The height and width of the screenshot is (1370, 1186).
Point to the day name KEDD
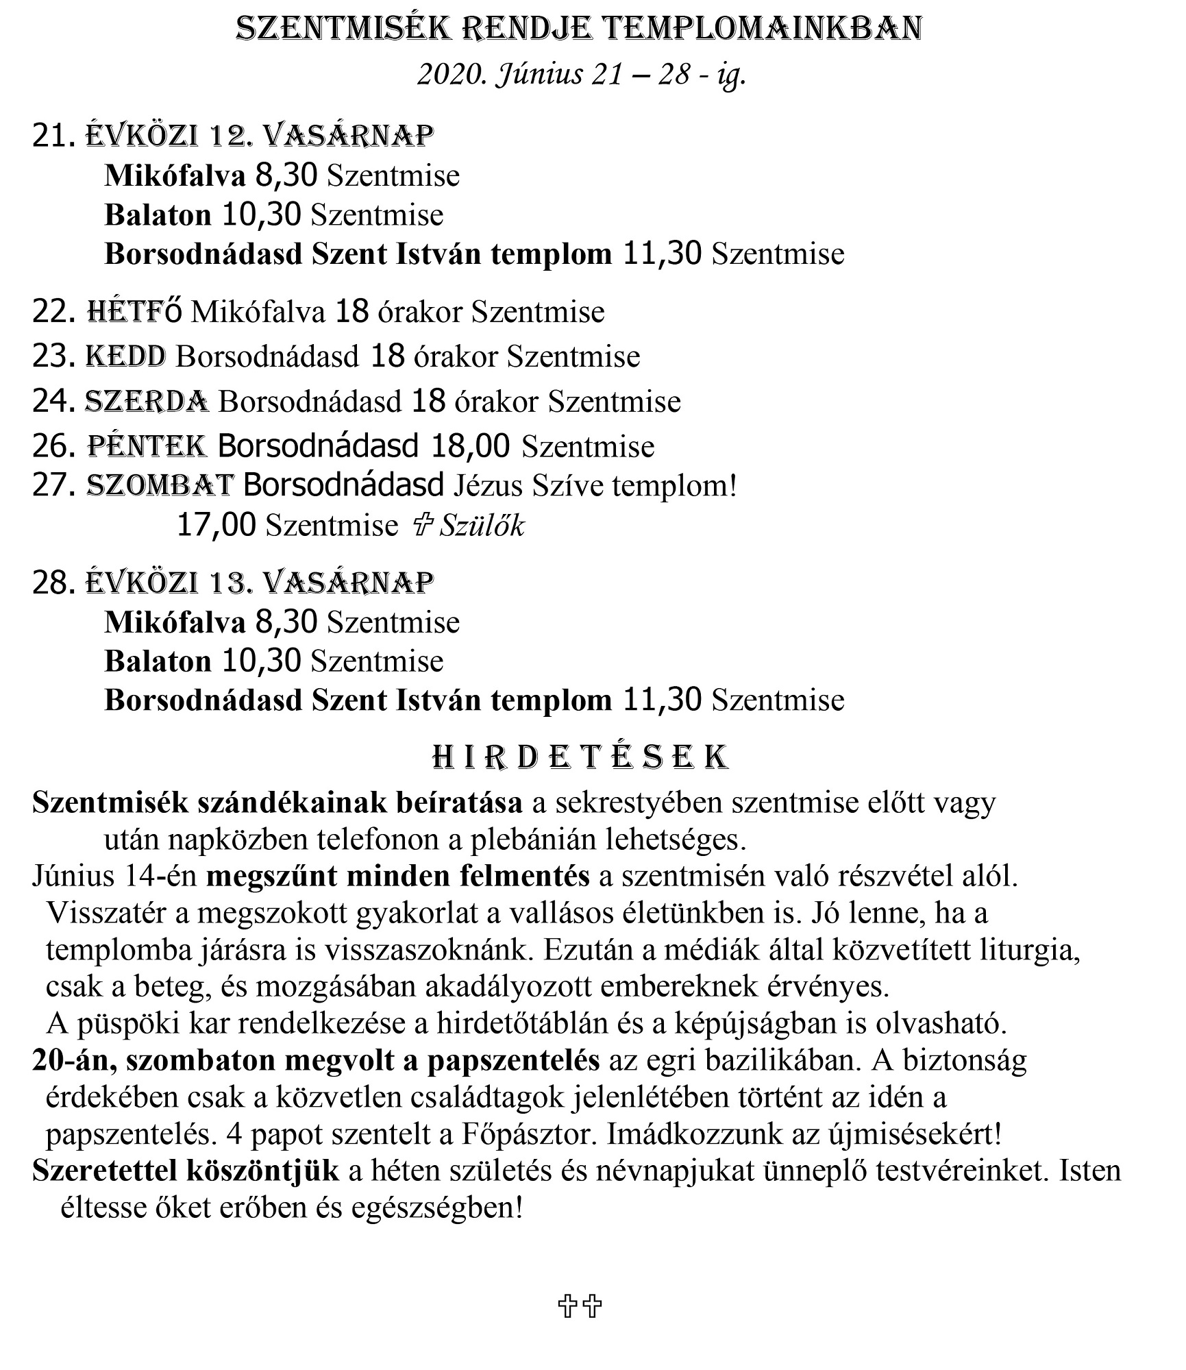125,356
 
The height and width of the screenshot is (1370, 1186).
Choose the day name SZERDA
147,401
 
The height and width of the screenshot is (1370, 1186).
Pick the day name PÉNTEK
147,446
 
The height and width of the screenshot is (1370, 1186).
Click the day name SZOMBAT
160,485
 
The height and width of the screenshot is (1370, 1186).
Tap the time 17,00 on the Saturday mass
217,525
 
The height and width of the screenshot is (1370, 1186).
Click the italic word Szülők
482,526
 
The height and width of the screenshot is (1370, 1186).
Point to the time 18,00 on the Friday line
470,446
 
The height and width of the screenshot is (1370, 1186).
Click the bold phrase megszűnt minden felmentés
397,877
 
